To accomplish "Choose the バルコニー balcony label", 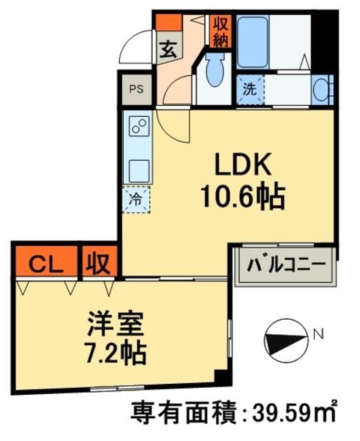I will (286, 265).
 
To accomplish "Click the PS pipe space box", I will (137, 89).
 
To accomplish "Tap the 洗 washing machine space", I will (251, 89).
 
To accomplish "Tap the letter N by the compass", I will (317, 336).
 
